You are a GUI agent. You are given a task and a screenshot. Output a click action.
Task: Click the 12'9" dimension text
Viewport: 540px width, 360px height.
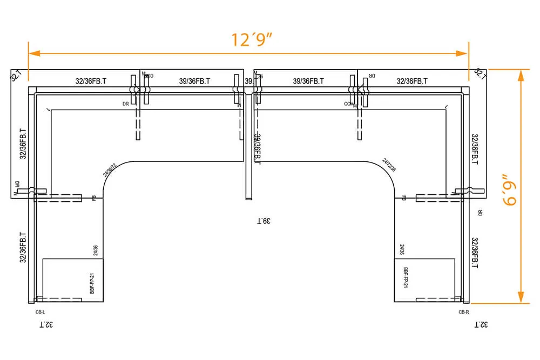pos(252,40)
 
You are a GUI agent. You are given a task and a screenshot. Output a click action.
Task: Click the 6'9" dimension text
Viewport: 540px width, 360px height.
pos(509,189)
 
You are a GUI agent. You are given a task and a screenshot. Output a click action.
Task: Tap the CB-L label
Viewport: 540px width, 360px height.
pos(40,312)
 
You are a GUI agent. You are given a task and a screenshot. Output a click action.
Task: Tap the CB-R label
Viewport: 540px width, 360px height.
pos(463,312)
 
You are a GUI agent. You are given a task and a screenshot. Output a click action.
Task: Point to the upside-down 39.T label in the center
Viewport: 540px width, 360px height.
pos(263,221)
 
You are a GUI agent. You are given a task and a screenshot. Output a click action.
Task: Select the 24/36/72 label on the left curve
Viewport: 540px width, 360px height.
pos(110,170)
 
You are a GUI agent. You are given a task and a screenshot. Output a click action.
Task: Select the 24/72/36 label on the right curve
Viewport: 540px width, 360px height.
pos(389,165)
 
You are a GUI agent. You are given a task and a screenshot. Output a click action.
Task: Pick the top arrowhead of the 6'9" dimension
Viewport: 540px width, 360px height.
pos(521,75)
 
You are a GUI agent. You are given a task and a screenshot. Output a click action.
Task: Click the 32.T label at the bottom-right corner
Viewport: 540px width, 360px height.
pos(481,324)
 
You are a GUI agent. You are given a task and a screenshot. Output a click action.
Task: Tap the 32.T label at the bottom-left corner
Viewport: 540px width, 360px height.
pos(45,324)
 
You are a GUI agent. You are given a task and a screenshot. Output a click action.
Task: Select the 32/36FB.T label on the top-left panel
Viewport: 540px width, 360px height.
pos(91,81)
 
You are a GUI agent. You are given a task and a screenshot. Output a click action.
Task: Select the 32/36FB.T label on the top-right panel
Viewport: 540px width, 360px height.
pos(412,81)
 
